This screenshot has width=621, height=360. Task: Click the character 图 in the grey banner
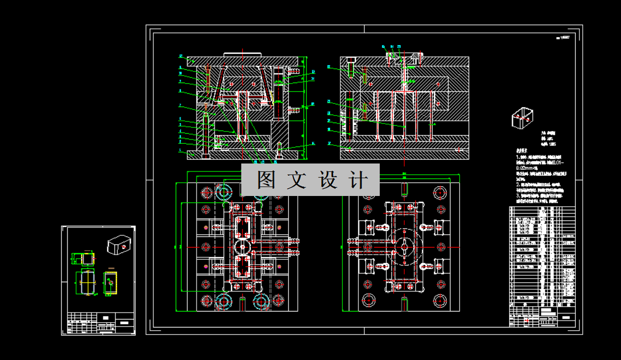pyautogui.click(x=266, y=180)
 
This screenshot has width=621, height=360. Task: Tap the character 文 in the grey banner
pyautogui.click(x=297, y=180)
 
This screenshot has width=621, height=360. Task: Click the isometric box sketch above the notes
pyautogui.click(x=522, y=118)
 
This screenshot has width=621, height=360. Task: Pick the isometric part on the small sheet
pyautogui.click(x=119, y=246)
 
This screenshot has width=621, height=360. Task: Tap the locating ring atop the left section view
pyautogui.click(x=242, y=54)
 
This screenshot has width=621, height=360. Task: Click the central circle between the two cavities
pyautogui.click(x=244, y=248)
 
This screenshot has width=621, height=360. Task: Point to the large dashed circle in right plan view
pyautogui.click(x=404, y=246)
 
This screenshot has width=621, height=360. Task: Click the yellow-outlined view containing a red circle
pyautogui.click(x=110, y=282)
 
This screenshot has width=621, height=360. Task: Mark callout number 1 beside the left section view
pyautogui.click(x=181, y=151)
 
